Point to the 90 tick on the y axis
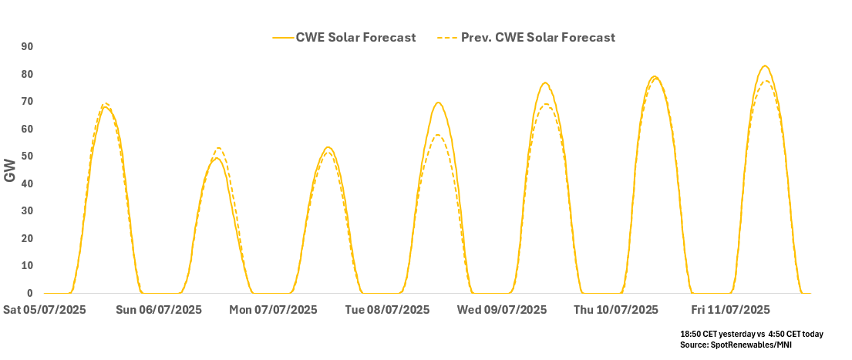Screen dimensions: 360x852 coord(27,47)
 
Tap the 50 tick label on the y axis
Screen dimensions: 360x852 coord(27,156)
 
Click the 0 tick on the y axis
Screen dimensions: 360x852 coord(30,294)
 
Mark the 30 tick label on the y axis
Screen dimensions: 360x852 coord(27,211)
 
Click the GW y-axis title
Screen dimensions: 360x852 coord(10,171)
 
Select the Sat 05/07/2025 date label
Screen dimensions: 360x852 coord(45,310)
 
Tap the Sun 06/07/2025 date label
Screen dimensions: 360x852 coord(158,310)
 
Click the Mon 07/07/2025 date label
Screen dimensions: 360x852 coord(273,310)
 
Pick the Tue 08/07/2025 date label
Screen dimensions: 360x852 coord(387,310)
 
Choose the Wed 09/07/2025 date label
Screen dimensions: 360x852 coord(502,310)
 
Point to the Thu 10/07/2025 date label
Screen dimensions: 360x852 coord(616,310)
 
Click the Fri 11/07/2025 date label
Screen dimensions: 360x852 coord(730,310)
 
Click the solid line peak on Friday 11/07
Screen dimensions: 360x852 coord(764,66)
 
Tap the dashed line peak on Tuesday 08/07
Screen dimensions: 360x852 coord(437,136)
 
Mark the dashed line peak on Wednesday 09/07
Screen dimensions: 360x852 coord(546,104)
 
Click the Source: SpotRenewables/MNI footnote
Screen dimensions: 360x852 coord(736,345)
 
